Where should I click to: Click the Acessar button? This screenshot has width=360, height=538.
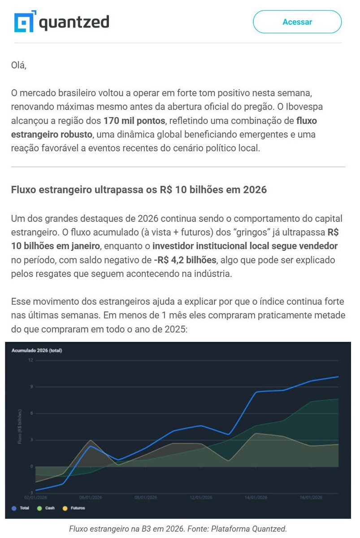click(297, 22)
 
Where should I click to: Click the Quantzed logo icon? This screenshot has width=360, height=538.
click(24, 22)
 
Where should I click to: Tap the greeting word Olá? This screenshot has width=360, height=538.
click(19, 65)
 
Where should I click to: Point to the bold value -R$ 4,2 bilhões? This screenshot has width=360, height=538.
click(184, 260)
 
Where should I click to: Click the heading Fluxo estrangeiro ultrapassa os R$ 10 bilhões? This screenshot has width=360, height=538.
click(139, 190)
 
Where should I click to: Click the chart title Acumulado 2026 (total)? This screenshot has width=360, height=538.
click(37, 350)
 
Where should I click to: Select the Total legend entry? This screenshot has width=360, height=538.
click(21, 508)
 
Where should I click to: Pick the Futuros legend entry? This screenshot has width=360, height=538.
click(74, 508)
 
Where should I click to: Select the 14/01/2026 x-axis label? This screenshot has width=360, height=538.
click(256, 498)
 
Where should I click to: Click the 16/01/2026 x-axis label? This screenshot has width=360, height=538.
click(311, 498)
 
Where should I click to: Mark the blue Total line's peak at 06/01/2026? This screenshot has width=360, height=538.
click(91, 446)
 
